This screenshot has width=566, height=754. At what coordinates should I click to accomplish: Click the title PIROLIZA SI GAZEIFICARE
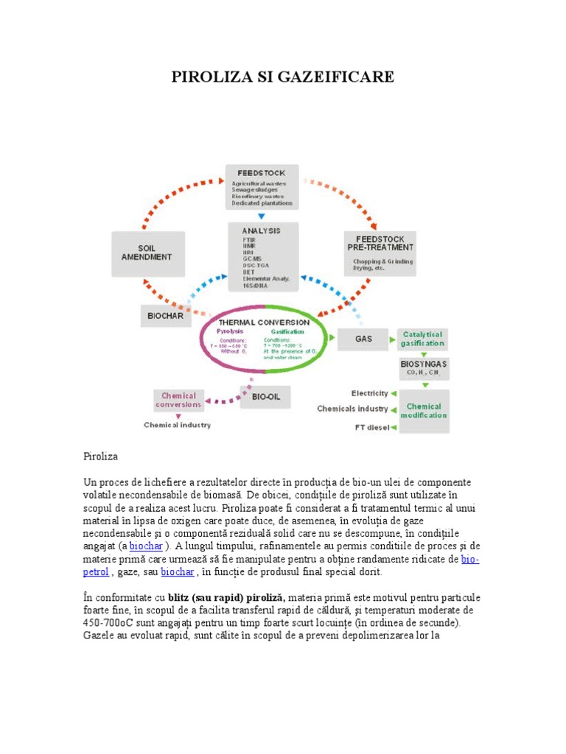click(283, 77)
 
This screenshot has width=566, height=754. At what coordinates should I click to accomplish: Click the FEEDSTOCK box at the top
click(262, 186)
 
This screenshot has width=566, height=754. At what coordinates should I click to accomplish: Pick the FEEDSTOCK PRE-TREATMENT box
click(380, 253)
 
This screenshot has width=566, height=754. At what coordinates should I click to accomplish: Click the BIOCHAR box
click(165, 316)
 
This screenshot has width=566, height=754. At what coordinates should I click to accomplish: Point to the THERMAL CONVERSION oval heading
click(264, 322)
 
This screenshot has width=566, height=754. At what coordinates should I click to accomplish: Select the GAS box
click(363, 339)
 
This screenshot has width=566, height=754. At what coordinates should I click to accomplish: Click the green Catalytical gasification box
click(422, 339)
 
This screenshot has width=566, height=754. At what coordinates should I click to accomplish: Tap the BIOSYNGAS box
click(423, 368)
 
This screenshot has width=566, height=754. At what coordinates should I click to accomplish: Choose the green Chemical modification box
click(424, 410)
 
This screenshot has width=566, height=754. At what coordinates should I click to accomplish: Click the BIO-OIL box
click(266, 398)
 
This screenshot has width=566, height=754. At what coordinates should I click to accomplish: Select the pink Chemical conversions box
click(178, 400)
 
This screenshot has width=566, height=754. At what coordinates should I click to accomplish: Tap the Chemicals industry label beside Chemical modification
click(352, 409)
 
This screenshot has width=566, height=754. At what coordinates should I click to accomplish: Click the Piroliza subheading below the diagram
click(100, 457)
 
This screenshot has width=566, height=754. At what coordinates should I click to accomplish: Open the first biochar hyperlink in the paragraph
click(146, 546)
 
